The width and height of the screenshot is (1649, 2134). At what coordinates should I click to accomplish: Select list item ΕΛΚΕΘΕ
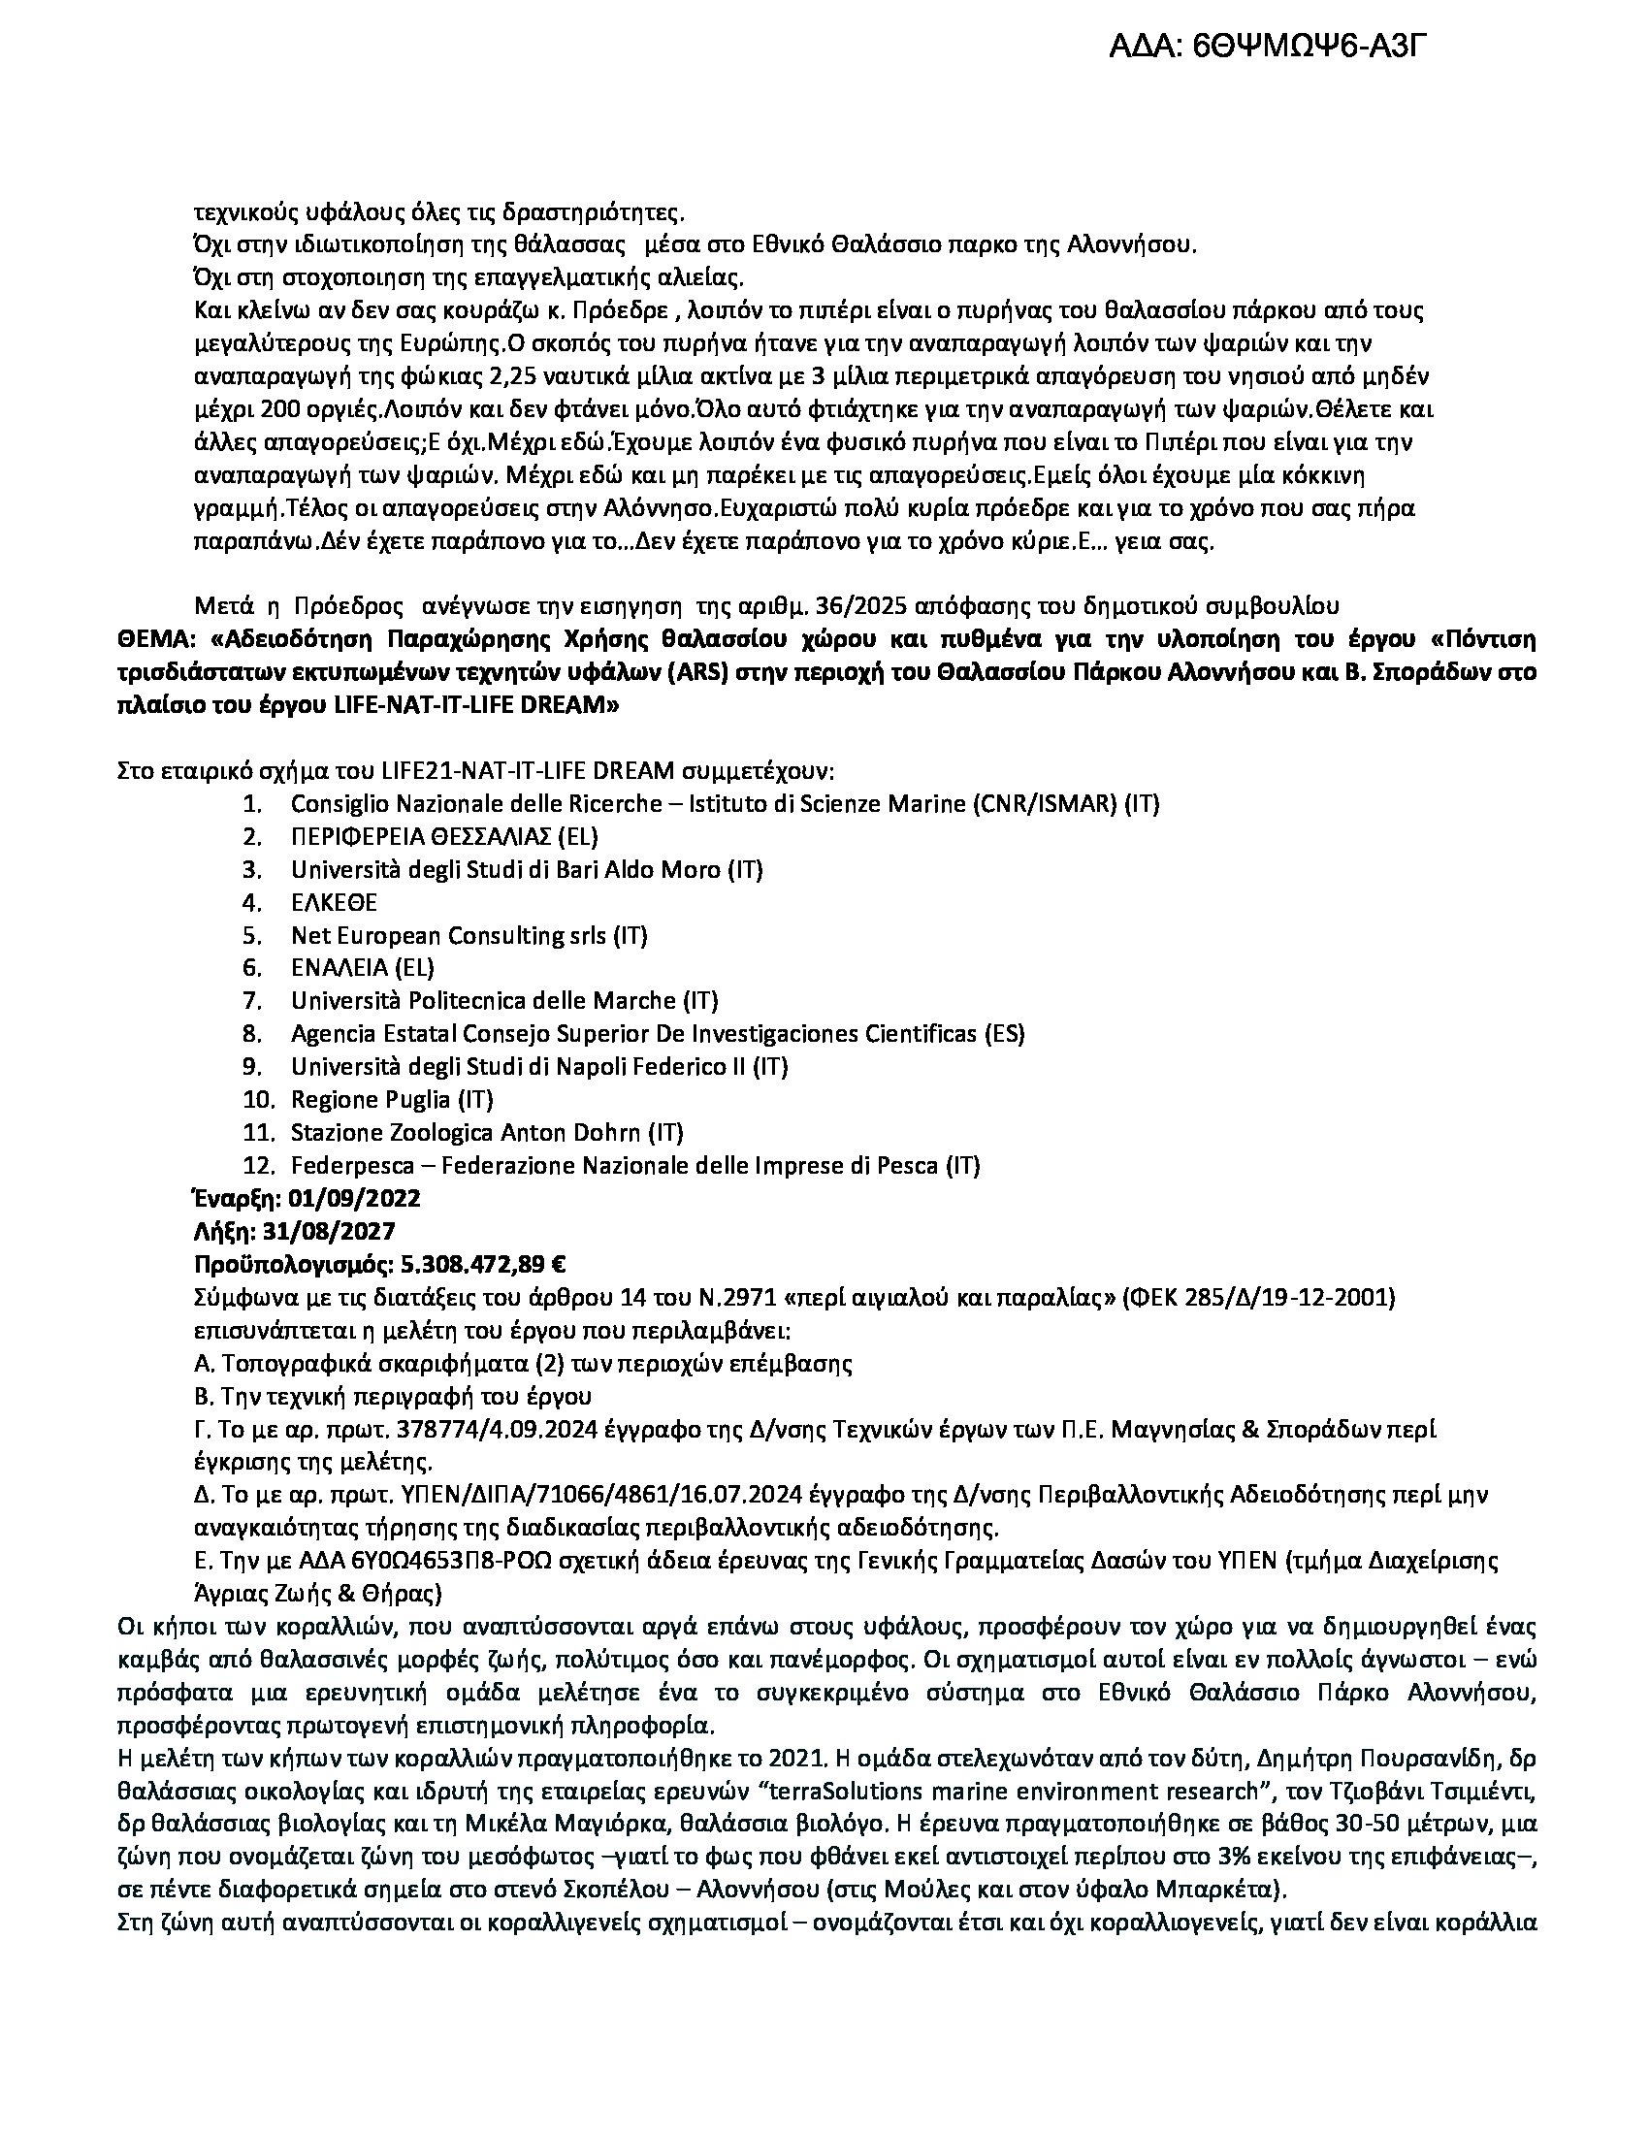(x=334, y=902)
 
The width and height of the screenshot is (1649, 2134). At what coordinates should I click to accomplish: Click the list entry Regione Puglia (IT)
(x=392, y=1099)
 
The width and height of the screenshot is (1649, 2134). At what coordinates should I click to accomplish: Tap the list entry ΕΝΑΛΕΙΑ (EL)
(x=363, y=967)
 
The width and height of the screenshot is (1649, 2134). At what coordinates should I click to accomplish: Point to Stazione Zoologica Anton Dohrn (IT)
(x=487, y=1132)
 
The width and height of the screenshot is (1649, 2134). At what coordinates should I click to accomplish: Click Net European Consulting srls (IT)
(x=469, y=935)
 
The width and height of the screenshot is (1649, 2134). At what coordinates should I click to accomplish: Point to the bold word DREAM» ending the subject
(x=565, y=705)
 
